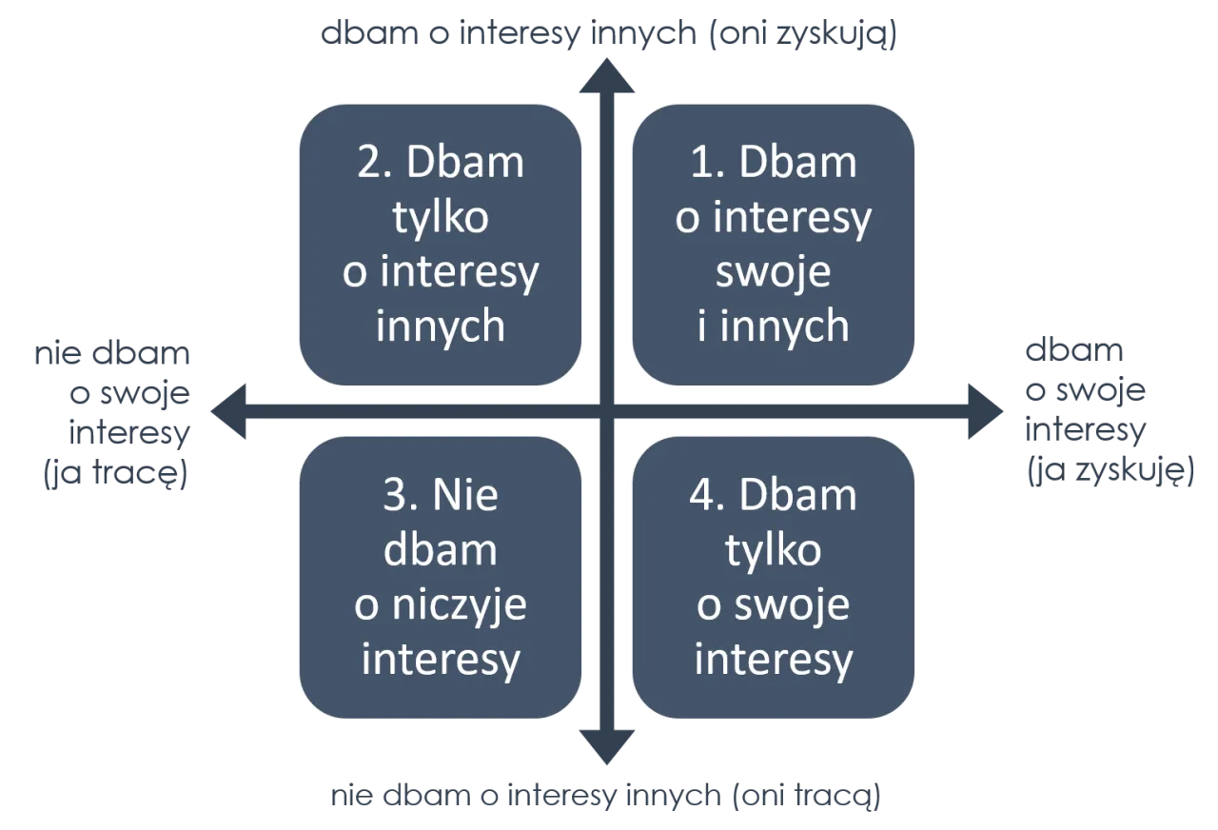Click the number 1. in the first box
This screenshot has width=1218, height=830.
(709, 164)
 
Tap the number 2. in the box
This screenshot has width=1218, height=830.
(375, 164)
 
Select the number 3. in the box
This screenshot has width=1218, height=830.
(401, 496)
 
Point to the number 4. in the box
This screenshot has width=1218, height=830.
(709, 496)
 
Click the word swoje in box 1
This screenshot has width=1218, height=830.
(773, 272)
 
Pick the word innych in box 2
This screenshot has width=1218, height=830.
(440, 326)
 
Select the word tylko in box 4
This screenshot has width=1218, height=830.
(773, 551)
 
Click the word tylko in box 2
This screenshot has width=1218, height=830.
(440, 218)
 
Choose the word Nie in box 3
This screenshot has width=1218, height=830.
(465, 496)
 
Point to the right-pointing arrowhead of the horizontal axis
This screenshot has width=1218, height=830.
(986, 412)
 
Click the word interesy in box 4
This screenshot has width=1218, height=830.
(773, 660)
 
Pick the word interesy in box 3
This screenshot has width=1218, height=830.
(440, 660)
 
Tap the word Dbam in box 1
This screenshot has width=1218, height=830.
(810, 164)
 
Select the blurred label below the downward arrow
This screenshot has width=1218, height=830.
(605, 795)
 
